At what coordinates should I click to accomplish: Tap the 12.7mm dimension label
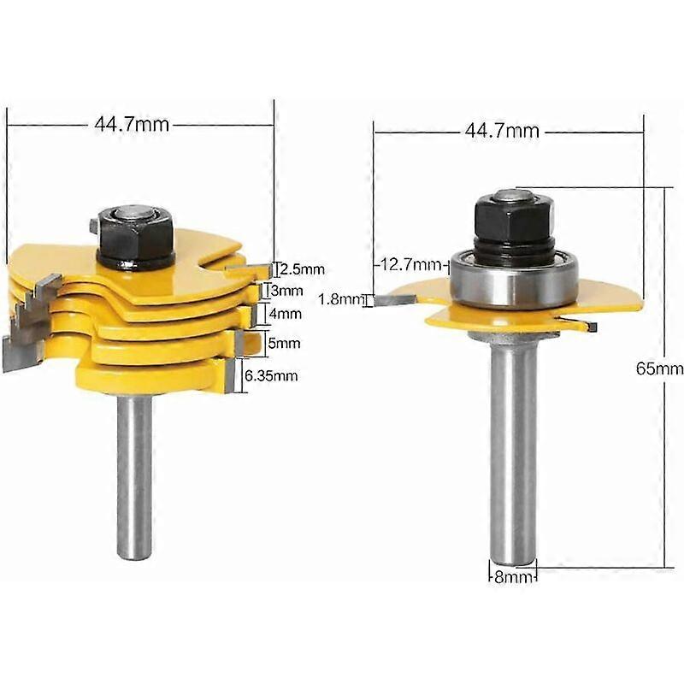point(404,265)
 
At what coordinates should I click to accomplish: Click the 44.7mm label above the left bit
point(132,125)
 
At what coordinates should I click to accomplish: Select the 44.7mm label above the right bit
point(502,131)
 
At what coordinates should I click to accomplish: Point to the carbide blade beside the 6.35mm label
point(231,374)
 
